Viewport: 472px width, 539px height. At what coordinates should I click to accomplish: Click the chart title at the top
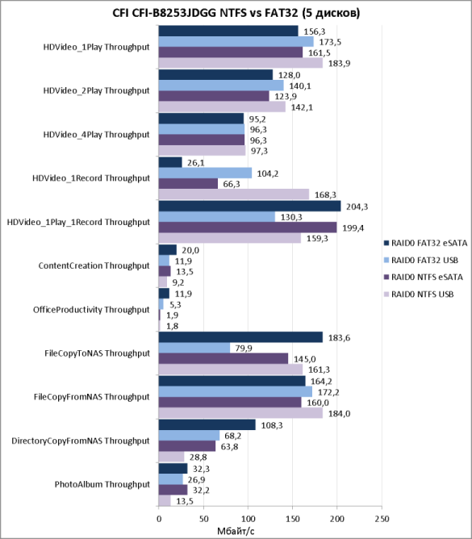point(236,13)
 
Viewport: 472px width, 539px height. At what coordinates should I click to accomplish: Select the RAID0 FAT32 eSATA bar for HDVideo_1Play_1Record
point(249,207)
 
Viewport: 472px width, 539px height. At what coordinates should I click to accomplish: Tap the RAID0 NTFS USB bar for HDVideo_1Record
point(234,194)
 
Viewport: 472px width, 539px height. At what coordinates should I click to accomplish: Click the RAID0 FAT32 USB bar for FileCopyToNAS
point(194,348)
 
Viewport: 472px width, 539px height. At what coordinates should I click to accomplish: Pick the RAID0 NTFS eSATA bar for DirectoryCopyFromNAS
point(187,446)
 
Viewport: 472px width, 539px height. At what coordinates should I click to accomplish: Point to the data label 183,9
point(339,64)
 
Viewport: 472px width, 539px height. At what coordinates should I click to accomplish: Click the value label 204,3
point(357,207)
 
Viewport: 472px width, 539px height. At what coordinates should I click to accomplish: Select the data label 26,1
point(195,163)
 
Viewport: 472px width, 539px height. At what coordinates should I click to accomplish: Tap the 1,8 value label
point(172,326)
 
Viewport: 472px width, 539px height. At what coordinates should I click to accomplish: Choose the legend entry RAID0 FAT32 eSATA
point(425,244)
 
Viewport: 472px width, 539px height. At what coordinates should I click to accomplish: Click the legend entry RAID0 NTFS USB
point(419,295)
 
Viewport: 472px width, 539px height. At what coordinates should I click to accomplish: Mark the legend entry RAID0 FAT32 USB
point(421,260)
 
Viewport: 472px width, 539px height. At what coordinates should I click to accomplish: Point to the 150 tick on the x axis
point(292,519)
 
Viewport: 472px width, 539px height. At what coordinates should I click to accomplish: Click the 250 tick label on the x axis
point(382,519)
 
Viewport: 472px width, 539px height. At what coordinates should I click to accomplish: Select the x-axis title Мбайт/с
point(236,531)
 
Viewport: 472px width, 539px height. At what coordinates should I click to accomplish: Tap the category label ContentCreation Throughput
point(94,265)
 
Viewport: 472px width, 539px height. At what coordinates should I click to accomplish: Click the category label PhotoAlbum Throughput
point(102,484)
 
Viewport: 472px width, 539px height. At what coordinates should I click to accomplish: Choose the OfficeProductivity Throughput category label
point(91,310)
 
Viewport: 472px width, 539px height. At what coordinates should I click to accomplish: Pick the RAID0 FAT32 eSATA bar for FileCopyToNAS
point(240,337)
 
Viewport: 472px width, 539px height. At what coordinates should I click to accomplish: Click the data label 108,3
point(272,425)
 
